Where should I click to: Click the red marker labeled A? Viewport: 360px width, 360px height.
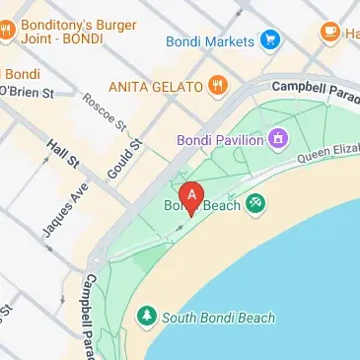click(x=192, y=195)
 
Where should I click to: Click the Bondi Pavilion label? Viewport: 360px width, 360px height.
click(x=218, y=140)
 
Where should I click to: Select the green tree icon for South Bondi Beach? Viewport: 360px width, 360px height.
click(x=147, y=317)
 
